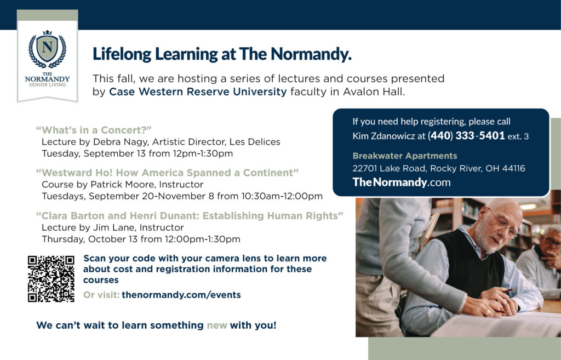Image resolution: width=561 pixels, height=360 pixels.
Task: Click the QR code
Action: [x=51, y=279]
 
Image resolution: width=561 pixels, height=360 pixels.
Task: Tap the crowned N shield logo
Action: [x=48, y=49]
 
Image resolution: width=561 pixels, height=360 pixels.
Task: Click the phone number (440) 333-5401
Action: [x=466, y=136]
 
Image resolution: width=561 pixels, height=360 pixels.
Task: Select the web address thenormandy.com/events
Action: [x=181, y=295]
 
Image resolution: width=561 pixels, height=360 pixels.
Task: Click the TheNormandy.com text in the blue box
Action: [x=402, y=182]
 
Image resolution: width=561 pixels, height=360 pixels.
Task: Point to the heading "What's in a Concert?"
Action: [x=94, y=130]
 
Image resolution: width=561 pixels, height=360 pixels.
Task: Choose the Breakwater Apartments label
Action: [x=405, y=156]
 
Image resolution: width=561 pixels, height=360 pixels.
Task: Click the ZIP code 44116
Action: [x=514, y=168]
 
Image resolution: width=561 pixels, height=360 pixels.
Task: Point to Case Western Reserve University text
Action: [x=198, y=92]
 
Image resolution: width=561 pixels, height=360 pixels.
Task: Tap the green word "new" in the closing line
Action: [x=217, y=325]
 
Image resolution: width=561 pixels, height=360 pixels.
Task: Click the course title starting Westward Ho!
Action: [x=167, y=173]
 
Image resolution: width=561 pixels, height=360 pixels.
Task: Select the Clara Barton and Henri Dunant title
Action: [x=190, y=216]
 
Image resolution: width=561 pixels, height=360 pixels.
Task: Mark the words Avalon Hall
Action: [x=374, y=92]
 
